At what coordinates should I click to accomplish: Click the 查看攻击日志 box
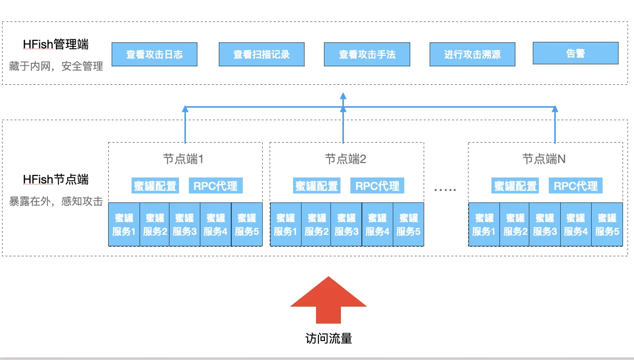click(154, 54)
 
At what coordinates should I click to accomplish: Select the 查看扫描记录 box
click(262, 54)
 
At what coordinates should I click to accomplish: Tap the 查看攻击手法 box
click(367, 54)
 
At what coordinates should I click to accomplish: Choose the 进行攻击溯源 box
click(473, 54)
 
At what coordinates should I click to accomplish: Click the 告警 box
click(575, 53)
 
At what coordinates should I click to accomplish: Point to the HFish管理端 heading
click(56, 44)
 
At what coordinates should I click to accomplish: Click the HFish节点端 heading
click(56, 180)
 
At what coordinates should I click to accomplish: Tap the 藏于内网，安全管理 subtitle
click(56, 66)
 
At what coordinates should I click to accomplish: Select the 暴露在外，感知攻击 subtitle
click(56, 201)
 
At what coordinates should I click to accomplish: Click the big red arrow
click(328, 300)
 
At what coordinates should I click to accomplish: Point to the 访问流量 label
click(328, 339)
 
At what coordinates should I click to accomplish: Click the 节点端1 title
click(183, 159)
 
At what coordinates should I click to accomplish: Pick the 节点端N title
click(544, 159)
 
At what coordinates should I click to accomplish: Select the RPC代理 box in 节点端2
click(377, 186)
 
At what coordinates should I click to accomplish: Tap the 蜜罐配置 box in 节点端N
click(515, 186)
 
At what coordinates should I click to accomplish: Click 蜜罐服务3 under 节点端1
click(184, 224)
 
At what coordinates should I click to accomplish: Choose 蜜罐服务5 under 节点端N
click(607, 224)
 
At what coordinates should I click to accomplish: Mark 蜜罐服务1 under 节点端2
click(286, 224)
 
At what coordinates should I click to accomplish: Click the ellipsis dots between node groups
click(445, 189)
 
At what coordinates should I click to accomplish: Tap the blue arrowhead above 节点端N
click(555, 109)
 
